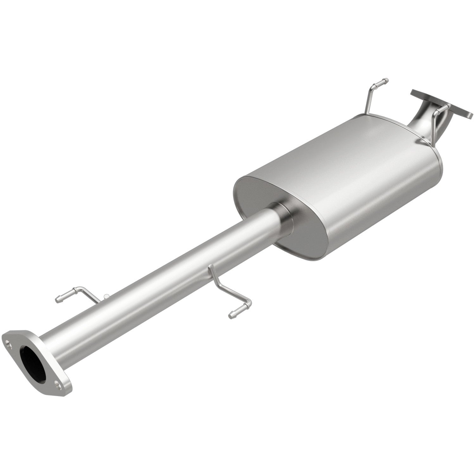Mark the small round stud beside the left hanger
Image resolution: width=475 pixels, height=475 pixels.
pos(106,296)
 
